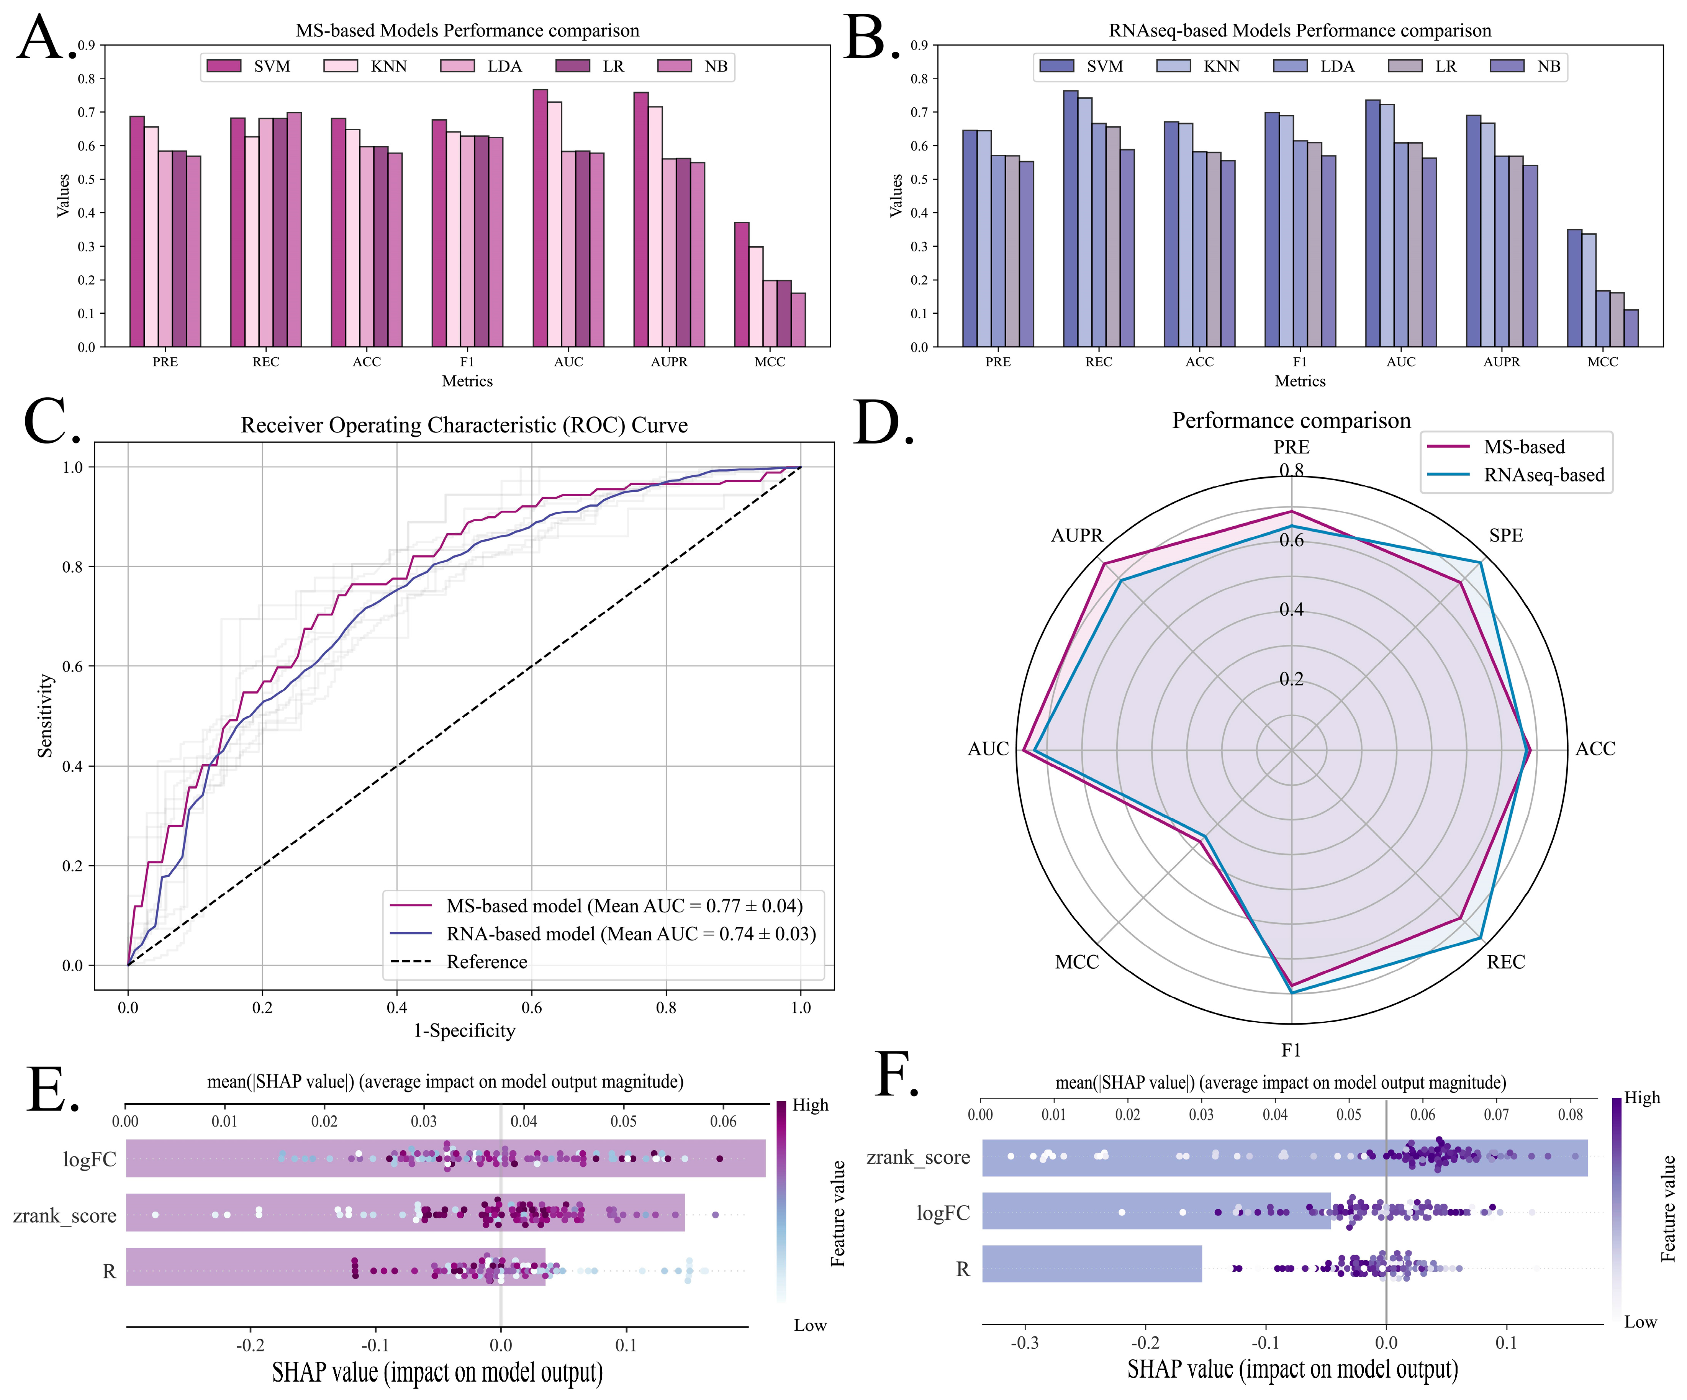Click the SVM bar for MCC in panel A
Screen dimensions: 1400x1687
[x=742, y=285]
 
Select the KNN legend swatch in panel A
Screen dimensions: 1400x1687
[x=341, y=66]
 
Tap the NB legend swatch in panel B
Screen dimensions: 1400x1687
[x=1507, y=66]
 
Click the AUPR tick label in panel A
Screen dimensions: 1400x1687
[x=669, y=362]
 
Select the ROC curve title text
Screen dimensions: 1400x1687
[x=464, y=425]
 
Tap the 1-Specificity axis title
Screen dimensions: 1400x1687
[x=464, y=1030]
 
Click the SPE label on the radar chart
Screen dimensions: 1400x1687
[x=1505, y=535]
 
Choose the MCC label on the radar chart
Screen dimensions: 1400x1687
[x=1076, y=961]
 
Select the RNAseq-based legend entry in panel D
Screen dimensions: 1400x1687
[x=1543, y=475]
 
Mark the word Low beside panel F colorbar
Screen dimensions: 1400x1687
[x=1640, y=1321]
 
